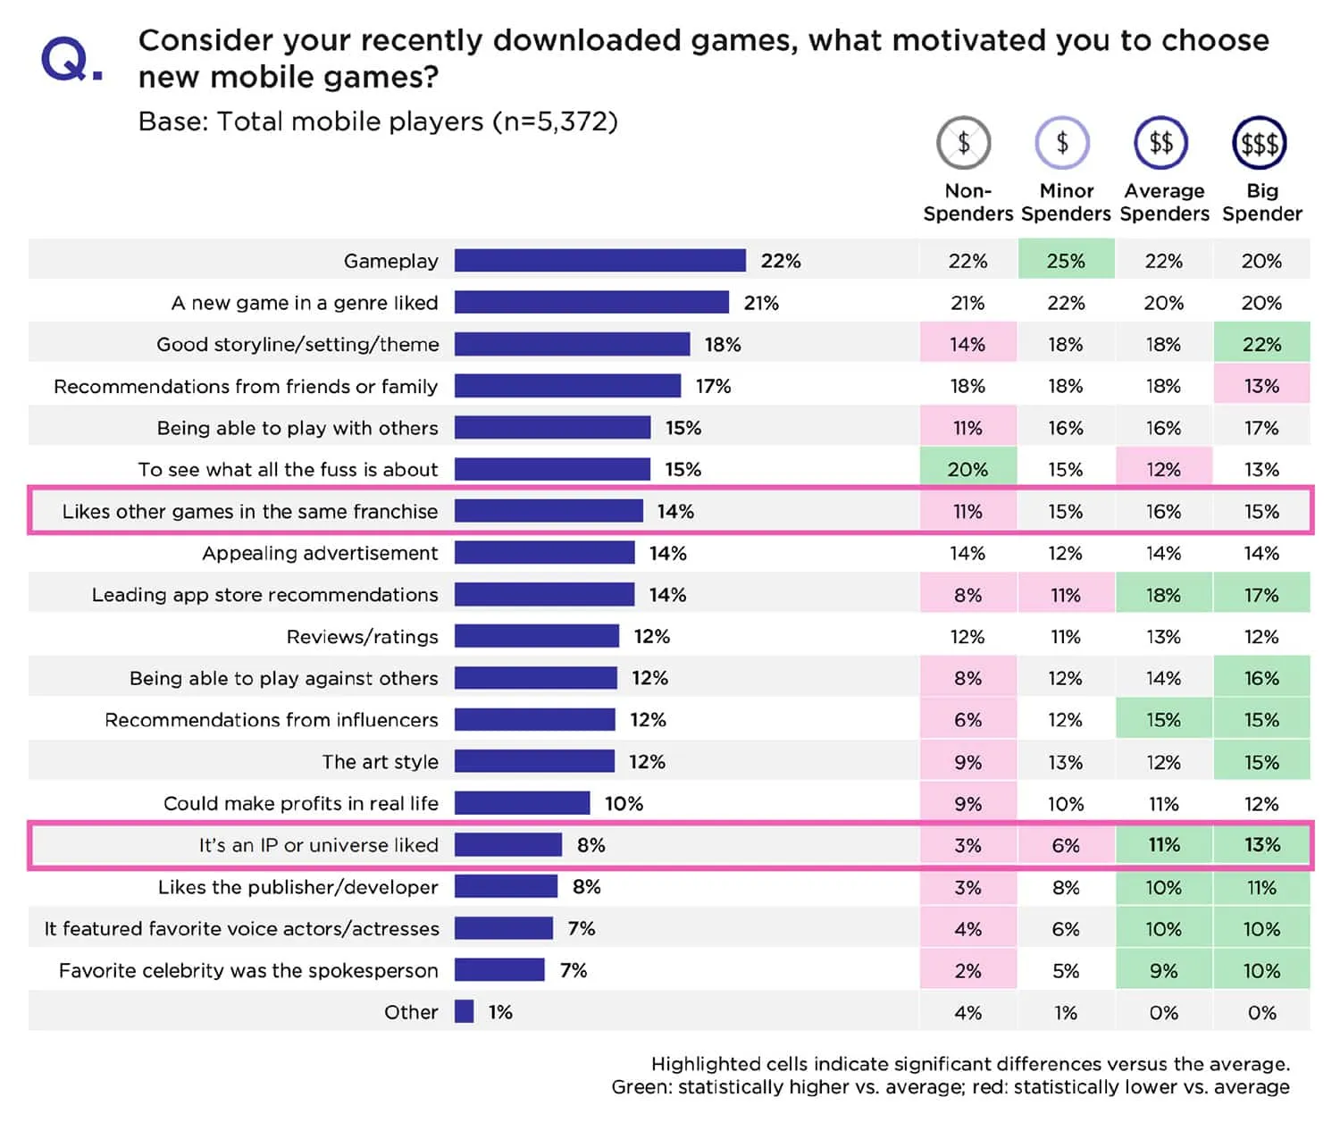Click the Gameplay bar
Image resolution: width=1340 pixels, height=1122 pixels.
point(599,261)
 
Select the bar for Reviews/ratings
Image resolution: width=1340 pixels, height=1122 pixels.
point(536,636)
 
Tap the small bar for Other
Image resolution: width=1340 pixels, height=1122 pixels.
point(464,1012)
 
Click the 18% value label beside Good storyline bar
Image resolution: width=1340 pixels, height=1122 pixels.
point(723,345)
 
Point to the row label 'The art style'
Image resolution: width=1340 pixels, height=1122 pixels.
point(380,762)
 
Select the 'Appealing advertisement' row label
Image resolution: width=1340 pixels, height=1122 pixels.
point(320,553)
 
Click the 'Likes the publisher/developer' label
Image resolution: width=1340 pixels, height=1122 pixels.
point(297,887)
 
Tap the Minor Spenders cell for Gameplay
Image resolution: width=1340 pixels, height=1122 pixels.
point(1066,261)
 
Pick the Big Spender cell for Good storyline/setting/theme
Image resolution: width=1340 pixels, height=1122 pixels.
point(1261,345)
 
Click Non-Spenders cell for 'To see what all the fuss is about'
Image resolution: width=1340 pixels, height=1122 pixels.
point(967,470)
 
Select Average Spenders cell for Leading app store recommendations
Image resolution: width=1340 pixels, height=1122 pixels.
point(1163,595)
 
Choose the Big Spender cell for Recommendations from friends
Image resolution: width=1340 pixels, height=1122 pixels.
point(1261,386)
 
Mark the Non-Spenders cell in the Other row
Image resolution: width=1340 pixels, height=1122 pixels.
point(967,1013)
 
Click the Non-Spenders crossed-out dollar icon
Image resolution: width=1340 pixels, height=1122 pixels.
point(963,143)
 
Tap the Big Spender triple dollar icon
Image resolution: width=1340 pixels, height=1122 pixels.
point(1259,143)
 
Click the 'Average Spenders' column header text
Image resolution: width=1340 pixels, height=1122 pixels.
point(1164,203)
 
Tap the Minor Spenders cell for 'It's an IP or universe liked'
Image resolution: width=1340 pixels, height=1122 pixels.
point(1066,845)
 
